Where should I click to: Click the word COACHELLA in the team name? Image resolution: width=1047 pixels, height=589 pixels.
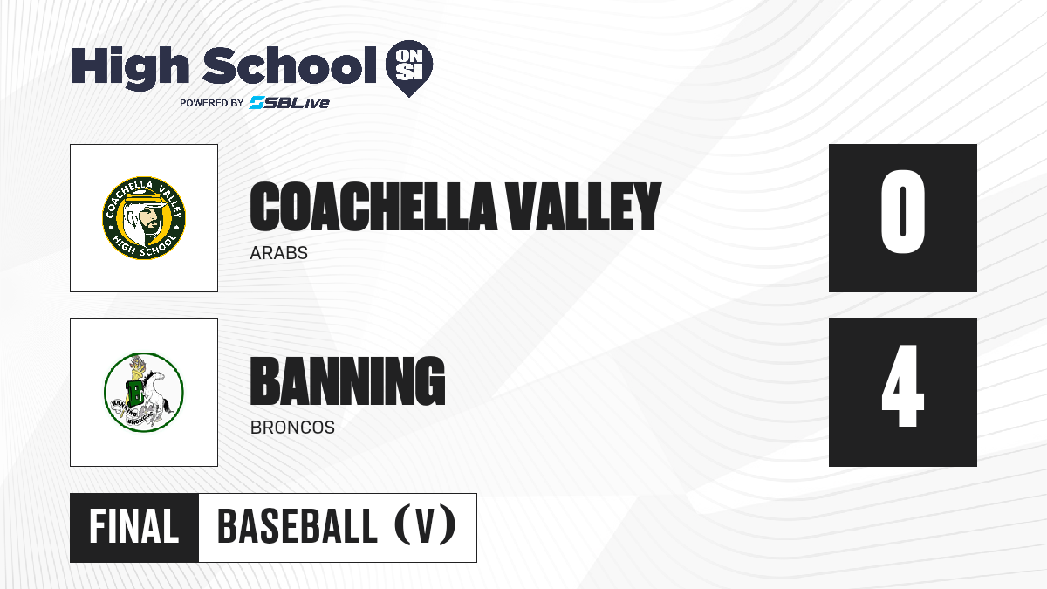coord(373,207)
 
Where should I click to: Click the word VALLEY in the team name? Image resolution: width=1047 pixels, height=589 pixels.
coord(585,207)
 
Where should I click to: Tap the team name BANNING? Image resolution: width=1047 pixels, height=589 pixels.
coord(348,381)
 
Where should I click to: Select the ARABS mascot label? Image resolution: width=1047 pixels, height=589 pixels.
coord(278,253)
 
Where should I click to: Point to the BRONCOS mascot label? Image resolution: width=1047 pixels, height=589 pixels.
coord(292,428)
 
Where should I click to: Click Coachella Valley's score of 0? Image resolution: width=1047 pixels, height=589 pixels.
coord(902,211)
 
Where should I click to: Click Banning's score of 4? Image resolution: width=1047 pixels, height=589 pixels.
coord(902,386)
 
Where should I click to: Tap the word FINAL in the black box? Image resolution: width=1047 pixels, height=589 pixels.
coord(134,527)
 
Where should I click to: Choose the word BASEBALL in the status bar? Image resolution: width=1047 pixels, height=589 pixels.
coord(298,527)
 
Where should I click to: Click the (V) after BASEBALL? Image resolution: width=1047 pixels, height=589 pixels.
coord(425,526)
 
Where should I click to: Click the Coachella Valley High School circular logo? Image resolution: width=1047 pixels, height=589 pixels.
coord(144,218)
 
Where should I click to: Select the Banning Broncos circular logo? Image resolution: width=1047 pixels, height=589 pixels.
coord(144,392)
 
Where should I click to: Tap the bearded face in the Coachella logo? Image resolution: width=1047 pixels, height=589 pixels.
coord(146,219)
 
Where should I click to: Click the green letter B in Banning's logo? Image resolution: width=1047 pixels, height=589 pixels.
coord(136,391)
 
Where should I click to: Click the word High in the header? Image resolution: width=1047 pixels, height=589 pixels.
coord(131,68)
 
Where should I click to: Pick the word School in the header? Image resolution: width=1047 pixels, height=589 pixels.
coord(290,65)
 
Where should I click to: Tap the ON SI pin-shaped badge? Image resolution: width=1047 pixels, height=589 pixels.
coord(409,68)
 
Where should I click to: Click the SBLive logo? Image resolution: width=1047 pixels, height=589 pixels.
coord(289,103)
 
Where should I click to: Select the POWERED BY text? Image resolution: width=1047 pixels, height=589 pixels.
coord(212,103)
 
